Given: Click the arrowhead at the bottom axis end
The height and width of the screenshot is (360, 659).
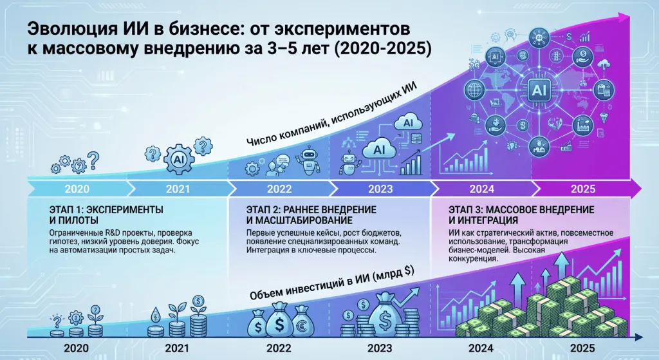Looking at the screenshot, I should (x=637, y=337).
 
